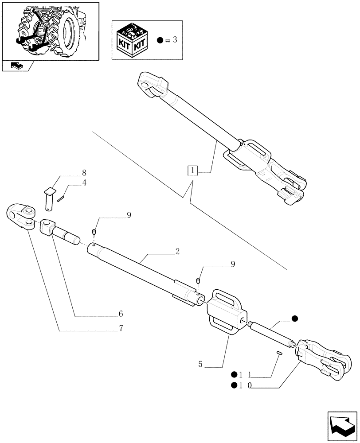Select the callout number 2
pyautogui.click(x=177, y=252)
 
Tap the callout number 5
pyautogui.click(x=201, y=365)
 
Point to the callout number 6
pyautogui.click(x=120, y=314)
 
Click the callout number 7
pyautogui.click(x=120, y=328)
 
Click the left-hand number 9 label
pyautogui.click(x=129, y=215)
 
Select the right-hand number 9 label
pyautogui.click(x=232, y=264)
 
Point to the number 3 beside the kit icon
pyautogui.click(x=175, y=40)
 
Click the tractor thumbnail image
pyautogui.click(x=50, y=30)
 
